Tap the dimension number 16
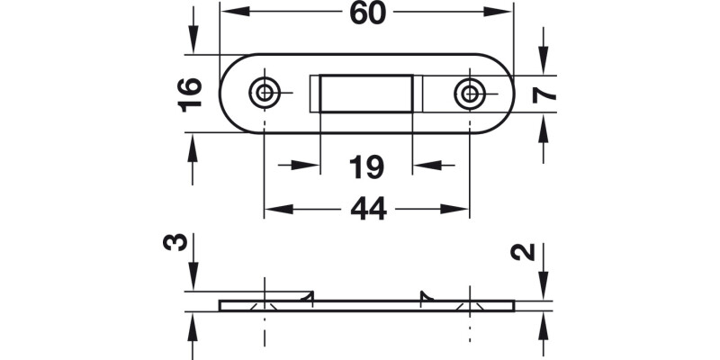(x=189, y=94)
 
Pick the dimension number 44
(x=367, y=209)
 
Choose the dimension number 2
(x=531, y=251)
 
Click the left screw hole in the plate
(x=265, y=92)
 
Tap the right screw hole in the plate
(x=468, y=92)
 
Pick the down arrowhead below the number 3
(x=192, y=279)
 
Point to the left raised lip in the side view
(x=308, y=295)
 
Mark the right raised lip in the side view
(x=425, y=295)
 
